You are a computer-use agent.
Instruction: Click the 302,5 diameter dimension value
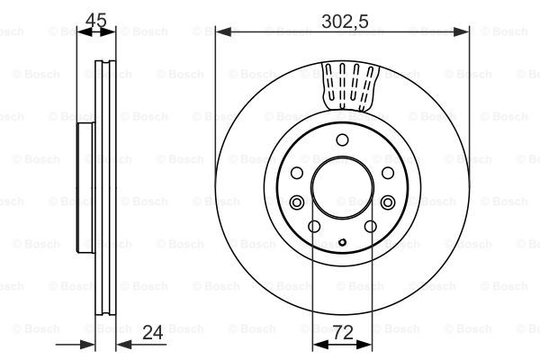(345, 22)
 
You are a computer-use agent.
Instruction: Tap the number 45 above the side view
(96, 21)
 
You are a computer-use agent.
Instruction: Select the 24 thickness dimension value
(153, 333)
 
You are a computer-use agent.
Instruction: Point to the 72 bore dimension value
(343, 333)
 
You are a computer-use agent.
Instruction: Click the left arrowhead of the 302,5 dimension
(223, 32)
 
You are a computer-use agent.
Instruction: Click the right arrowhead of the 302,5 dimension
(461, 32)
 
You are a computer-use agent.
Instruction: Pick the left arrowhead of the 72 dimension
(320, 344)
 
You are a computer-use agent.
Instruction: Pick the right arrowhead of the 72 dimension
(364, 344)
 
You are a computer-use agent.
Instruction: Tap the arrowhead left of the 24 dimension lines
(87, 344)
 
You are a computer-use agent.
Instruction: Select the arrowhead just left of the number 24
(124, 344)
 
